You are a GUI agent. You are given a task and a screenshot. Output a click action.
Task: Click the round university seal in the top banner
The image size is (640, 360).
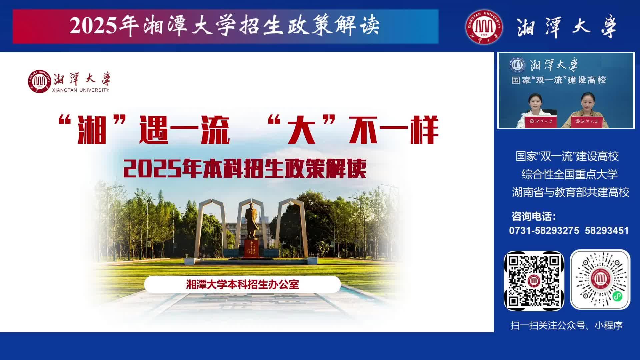[484, 27]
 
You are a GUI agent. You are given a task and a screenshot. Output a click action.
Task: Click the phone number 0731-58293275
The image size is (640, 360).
[544, 231]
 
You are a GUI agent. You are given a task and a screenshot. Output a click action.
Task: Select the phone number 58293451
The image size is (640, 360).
[607, 231]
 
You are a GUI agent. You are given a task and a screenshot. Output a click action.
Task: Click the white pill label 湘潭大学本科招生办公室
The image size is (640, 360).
[242, 284]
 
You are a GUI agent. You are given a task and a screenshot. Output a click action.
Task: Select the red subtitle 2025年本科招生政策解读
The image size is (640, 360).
[245, 169]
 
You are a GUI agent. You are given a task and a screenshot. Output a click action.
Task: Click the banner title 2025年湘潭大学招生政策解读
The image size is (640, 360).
[225, 26]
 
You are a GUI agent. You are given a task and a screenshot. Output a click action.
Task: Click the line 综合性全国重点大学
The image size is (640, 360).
[569, 174]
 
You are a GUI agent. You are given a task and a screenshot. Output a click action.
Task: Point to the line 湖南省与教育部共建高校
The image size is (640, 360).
[570, 192]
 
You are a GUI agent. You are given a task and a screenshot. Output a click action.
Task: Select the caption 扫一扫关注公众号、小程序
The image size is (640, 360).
[566, 325]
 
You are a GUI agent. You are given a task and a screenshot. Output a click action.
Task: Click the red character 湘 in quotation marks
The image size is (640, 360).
[92, 130]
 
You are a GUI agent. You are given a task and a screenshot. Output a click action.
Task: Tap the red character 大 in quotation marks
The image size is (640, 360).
[302, 130]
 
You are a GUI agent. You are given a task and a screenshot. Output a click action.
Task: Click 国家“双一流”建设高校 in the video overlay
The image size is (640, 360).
[559, 80]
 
